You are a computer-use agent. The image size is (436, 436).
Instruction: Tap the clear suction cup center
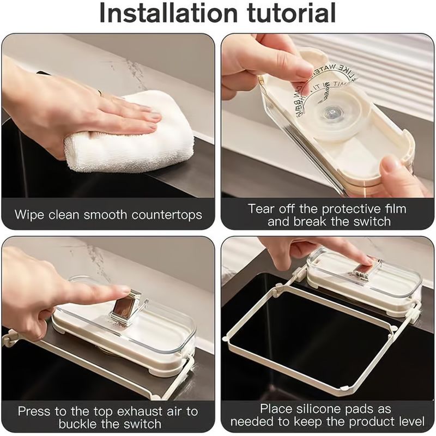point(331,112)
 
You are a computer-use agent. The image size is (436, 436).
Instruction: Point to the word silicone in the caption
point(326,408)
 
